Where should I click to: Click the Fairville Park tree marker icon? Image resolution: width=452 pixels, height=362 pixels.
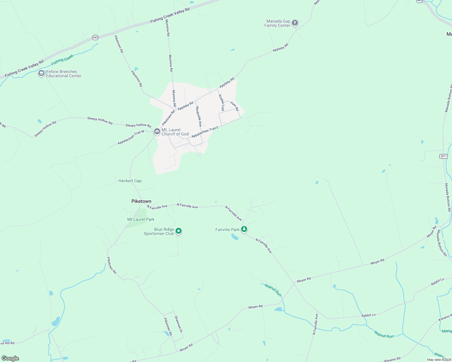click(x=244, y=229)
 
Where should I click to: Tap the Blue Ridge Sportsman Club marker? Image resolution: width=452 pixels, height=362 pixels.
click(x=179, y=231)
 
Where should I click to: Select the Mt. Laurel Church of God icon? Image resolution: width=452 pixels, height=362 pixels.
click(x=157, y=131)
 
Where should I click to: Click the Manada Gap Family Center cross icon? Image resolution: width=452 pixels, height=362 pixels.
click(x=295, y=23)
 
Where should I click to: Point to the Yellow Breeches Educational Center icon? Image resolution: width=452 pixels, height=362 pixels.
click(x=41, y=73)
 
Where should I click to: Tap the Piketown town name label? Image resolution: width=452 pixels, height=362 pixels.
click(x=141, y=201)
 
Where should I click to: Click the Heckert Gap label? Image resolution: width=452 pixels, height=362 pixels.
click(x=130, y=181)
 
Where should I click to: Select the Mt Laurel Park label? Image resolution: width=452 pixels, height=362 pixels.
click(x=141, y=219)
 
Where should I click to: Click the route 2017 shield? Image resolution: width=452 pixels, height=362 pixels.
click(x=443, y=156)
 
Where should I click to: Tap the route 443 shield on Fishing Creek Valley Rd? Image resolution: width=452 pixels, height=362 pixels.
click(x=95, y=37)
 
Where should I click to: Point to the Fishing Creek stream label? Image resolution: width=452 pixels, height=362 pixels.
click(x=62, y=60)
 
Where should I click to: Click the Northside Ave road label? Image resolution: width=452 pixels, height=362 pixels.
click(x=199, y=116)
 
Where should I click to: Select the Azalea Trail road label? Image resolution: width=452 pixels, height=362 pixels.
click(x=221, y=103)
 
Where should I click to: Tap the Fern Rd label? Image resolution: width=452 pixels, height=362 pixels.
click(x=235, y=106)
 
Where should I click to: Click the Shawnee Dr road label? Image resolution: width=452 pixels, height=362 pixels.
click(x=178, y=324)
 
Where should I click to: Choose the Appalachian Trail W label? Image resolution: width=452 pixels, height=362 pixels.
click(x=131, y=137)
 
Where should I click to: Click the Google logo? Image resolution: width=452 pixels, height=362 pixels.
click(x=10, y=358)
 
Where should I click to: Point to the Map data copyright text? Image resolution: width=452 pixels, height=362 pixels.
click(x=439, y=360)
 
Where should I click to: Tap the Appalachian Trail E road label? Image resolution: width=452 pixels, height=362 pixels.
click(x=205, y=132)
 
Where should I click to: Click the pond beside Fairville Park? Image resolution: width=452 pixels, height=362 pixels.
click(x=235, y=237)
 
